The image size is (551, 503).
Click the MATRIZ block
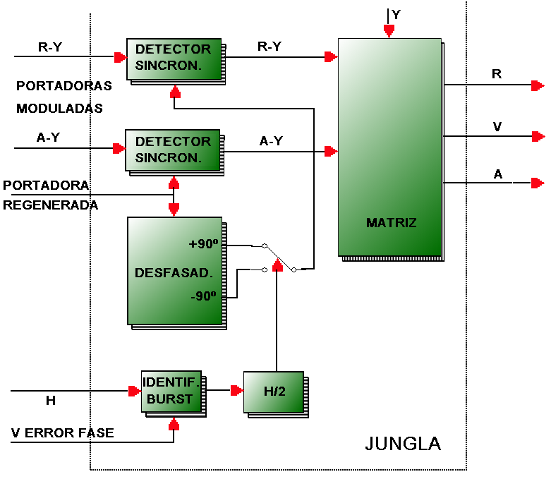tap(390, 147)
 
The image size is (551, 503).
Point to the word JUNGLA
tap(403, 444)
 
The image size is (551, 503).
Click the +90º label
tap(203, 243)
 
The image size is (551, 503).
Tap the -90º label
tap(203, 296)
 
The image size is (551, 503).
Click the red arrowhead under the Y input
tap(389, 31)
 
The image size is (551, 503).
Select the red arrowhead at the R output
tap(538, 85)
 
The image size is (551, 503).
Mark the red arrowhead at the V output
tap(538, 136)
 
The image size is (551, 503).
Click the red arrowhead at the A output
tap(538, 183)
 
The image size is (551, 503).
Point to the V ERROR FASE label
tap(63, 432)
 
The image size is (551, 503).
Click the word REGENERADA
tap(50, 205)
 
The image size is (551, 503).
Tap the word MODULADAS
tap(59, 108)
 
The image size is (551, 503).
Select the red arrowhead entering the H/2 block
tap(237, 390)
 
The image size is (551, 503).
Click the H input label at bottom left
tap(51, 401)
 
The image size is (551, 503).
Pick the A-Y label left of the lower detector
tap(48, 137)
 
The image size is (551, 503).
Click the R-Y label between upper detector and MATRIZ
tap(270, 46)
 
